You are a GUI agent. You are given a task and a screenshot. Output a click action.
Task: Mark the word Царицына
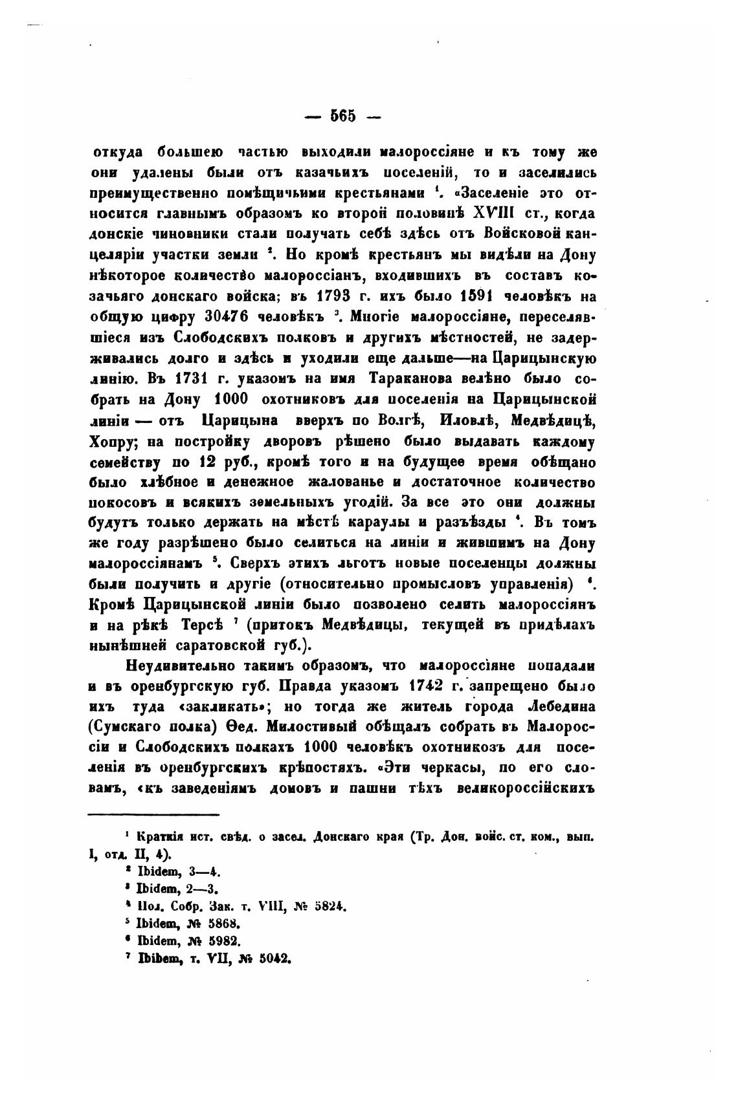(240, 420)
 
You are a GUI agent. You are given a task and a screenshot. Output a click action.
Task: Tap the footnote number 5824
(330, 907)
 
